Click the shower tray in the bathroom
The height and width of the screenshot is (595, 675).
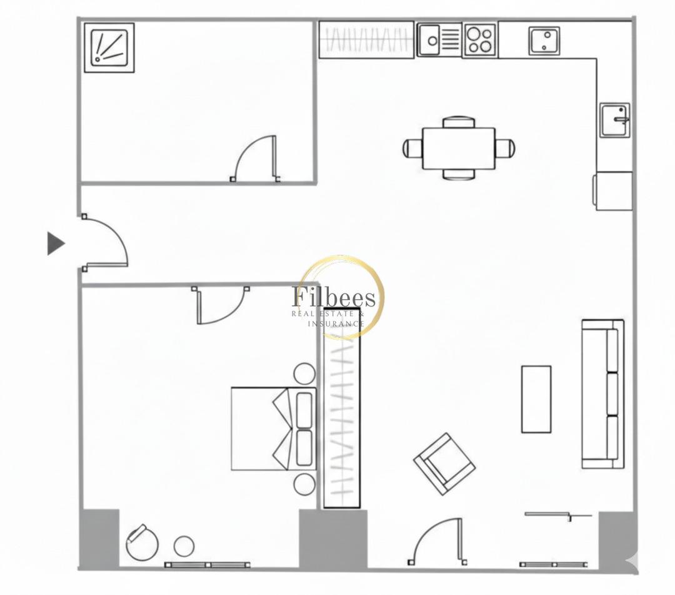tap(109, 49)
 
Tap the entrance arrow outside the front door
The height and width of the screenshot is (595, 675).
tap(55, 243)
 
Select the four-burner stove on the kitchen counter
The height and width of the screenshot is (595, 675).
tap(480, 40)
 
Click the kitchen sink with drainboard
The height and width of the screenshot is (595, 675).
tap(439, 39)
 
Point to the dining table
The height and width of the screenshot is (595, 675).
tap(458, 149)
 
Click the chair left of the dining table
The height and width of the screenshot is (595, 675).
tap(412, 149)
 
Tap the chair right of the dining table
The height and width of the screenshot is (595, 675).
tap(504, 149)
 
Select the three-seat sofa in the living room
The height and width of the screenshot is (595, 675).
tap(603, 393)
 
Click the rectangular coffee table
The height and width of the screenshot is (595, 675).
tap(536, 399)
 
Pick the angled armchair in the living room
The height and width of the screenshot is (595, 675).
tap(444, 464)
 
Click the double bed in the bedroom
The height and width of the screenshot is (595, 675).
tap(272, 428)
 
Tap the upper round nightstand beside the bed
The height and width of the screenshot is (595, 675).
tap(305, 374)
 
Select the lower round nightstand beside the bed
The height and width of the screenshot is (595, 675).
tap(305, 484)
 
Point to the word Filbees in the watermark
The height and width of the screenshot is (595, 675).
tap(334, 297)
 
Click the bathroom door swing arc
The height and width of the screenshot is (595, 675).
tap(254, 159)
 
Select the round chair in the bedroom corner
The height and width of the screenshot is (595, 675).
tap(142, 542)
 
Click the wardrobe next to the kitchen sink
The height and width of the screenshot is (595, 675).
tap(366, 39)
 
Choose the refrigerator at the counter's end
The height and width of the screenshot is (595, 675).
tap(613, 191)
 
